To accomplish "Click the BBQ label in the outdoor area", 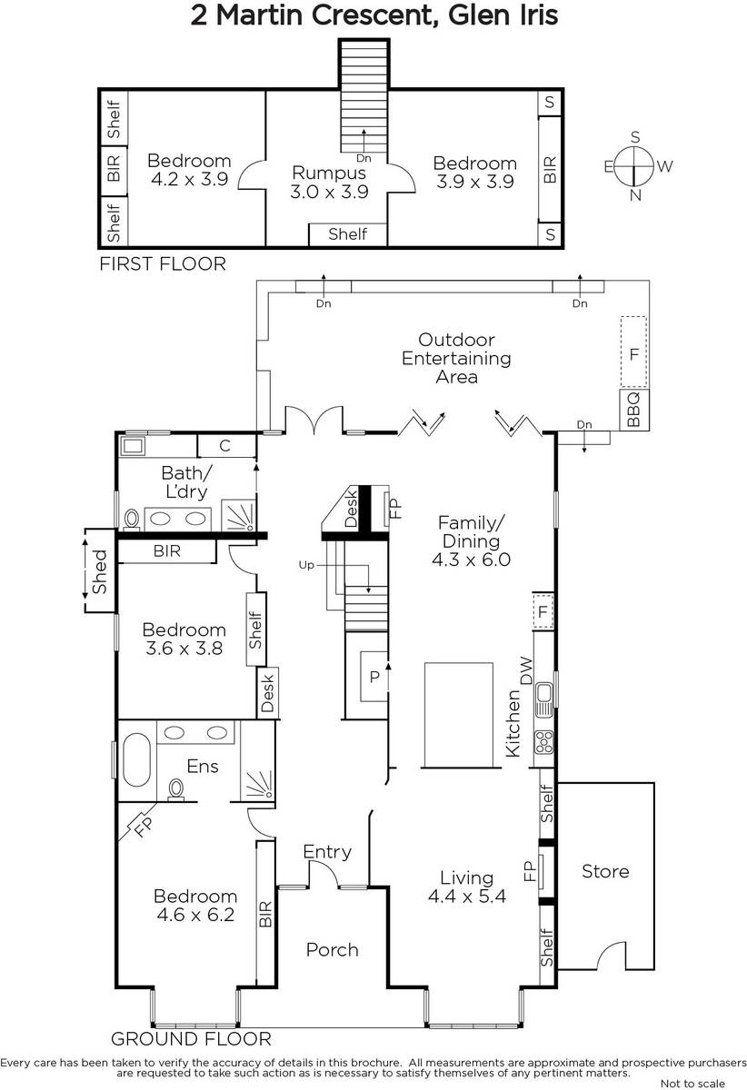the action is (633, 410).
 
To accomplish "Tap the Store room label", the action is (605, 871).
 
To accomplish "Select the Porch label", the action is (332, 949).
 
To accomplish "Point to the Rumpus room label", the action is (329, 173).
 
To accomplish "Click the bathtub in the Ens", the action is (136, 759).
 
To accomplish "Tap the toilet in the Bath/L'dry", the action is (132, 519).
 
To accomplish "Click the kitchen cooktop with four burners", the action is (543, 741).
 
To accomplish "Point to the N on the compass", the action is (635, 195).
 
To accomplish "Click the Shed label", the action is (99, 571).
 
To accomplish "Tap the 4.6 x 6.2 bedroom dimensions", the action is (195, 915).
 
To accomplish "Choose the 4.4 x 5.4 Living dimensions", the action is (467, 896).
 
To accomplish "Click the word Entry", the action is (327, 852).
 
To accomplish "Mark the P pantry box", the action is (374, 677).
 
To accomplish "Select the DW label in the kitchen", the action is (527, 670).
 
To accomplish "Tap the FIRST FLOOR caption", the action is (163, 263).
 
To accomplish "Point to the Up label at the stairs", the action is (306, 565).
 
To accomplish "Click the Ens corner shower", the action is (257, 785).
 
